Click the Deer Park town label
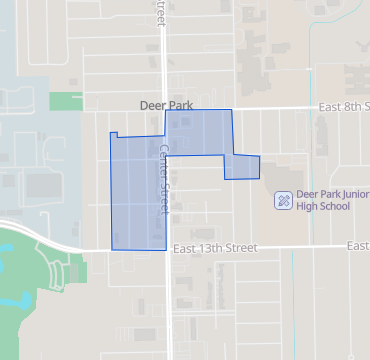pos(165,103)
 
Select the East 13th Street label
pos(214,247)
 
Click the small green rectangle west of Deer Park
pos(64,101)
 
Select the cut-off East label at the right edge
pos(358,246)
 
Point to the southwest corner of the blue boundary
pos(111,247)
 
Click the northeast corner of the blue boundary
pos(231,110)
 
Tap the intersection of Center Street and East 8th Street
pos(166,108)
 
